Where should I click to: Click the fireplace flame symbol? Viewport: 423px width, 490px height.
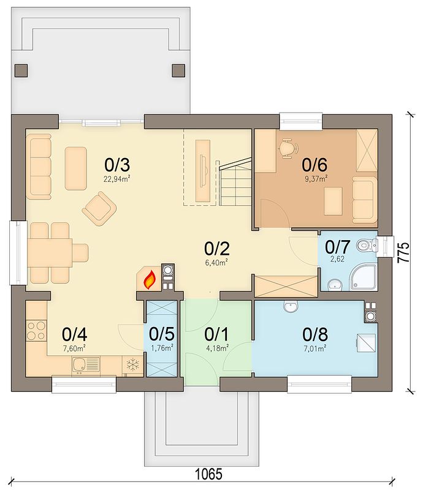tap(150, 279)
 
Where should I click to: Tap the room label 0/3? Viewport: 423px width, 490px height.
tap(117, 165)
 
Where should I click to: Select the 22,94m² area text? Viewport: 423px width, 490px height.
tap(117, 179)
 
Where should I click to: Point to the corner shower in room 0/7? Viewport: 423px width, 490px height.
tap(364, 277)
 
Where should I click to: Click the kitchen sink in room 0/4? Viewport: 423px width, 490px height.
tap(85, 364)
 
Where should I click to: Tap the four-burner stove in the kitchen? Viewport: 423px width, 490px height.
tap(36, 331)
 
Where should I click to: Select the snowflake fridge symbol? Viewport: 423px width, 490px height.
tap(132, 364)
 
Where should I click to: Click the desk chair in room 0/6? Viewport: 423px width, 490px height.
tap(289, 148)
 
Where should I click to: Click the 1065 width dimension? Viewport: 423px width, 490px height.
tap(209, 473)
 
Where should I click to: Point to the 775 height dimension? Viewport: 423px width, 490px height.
tap(403, 252)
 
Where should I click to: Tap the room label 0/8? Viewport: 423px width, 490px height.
tap(315, 334)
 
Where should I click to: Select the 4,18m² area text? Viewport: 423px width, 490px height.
tap(216, 348)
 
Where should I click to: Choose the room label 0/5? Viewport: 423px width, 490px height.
tap(162, 334)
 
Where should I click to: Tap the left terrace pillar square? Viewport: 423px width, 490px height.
tap(21, 70)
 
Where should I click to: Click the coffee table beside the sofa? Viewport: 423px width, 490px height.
tap(76, 168)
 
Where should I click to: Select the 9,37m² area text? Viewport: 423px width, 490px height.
tap(315, 179)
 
